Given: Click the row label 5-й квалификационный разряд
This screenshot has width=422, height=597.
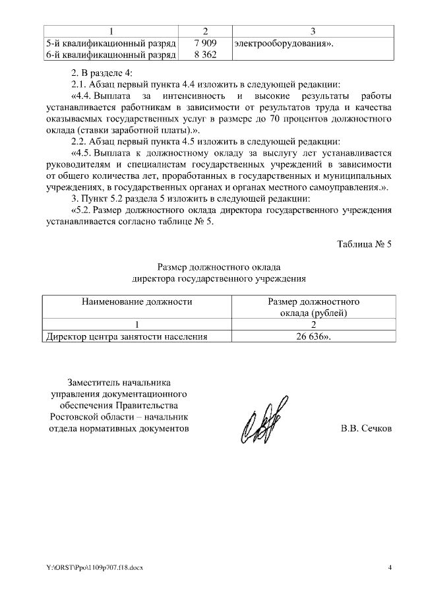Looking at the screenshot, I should click(x=110, y=44).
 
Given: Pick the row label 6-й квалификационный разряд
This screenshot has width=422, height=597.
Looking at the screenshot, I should click(x=110, y=55).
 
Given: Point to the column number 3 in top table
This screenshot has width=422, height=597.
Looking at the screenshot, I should click(x=313, y=31).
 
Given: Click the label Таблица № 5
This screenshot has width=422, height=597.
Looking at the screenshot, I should click(x=364, y=244).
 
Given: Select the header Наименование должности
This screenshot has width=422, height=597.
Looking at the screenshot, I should click(x=137, y=301).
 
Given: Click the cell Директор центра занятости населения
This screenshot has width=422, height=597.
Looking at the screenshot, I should click(x=126, y=336).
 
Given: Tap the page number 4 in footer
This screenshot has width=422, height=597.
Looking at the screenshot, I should click(x=390, y=567).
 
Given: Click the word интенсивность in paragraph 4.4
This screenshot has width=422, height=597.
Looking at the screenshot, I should click(x=189, y=96).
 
